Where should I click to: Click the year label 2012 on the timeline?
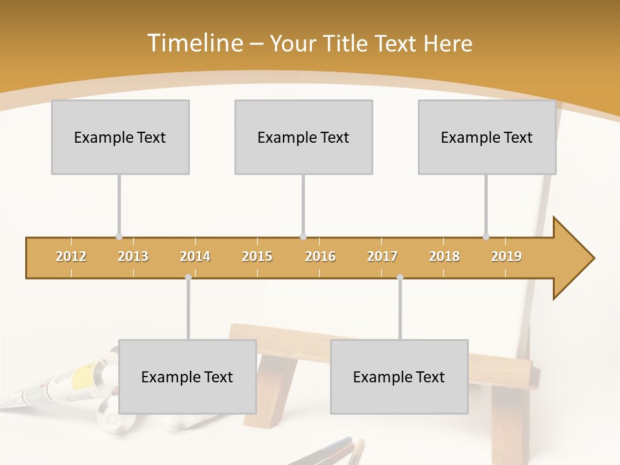tap(71, 256)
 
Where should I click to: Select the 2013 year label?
tap(133, 256)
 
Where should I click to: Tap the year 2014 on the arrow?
tap(195, 256)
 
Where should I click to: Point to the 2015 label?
tap(257, 256)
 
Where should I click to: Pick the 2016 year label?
tap(320, 256)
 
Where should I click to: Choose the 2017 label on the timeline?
tap(382, 256)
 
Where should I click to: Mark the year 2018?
tap(444, 256)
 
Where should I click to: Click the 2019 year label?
tap(506, 256)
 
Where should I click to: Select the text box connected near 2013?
tap(120, 137)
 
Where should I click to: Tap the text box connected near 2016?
tap(304, 137)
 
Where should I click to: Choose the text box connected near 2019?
tap(487, 137)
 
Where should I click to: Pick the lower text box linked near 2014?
tap(187, 377)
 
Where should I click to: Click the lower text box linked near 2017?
tap(399, 377)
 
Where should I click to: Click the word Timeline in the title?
tap(193, 43)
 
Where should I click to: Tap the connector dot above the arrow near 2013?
tap(119, 236)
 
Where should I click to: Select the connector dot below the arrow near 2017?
tap(400, 278)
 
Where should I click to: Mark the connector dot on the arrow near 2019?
tap(486, 236)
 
